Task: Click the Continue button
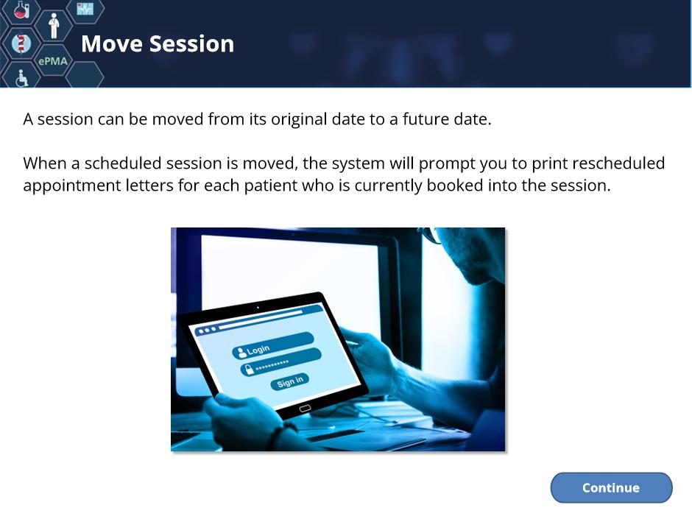pyautogui.click(x=611, y=487)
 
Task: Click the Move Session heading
pyautogui.click(x=158, y=43)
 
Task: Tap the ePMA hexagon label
pyautogui.click(x=53, y=61)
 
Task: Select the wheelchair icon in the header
pyautogui.click(x=21, y=78)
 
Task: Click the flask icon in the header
pyautogui.click(x=21, y=10)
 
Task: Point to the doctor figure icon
pyautogui.click(x=54, y=26)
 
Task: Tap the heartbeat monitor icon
pyautogui.click(x=85, y=8)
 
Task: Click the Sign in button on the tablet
pyautogui.click(x=290, y=381)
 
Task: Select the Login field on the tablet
pyautogui.click(x=273, y=345)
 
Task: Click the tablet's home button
pyautogui.click(x=305, y=409)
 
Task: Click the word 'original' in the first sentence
pyautogui.click(x=299, y=119)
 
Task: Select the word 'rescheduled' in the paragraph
pyautogui.click(x=618, y=163)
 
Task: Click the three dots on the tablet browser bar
pyautogui.click(x=207, y=330)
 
